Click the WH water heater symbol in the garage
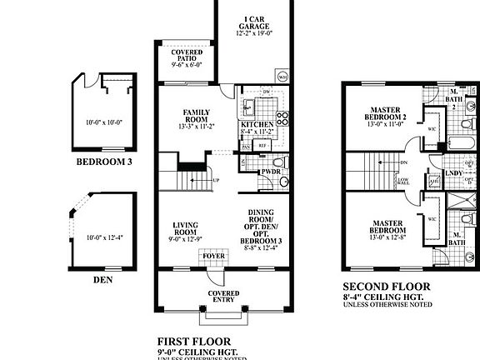point(282,77)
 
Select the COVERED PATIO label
point(187,55)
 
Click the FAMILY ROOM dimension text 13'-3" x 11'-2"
point(197,127)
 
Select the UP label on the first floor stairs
point(216,181)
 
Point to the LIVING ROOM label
point(185,230)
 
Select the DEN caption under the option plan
point(103,280)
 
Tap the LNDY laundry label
point(455,173)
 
